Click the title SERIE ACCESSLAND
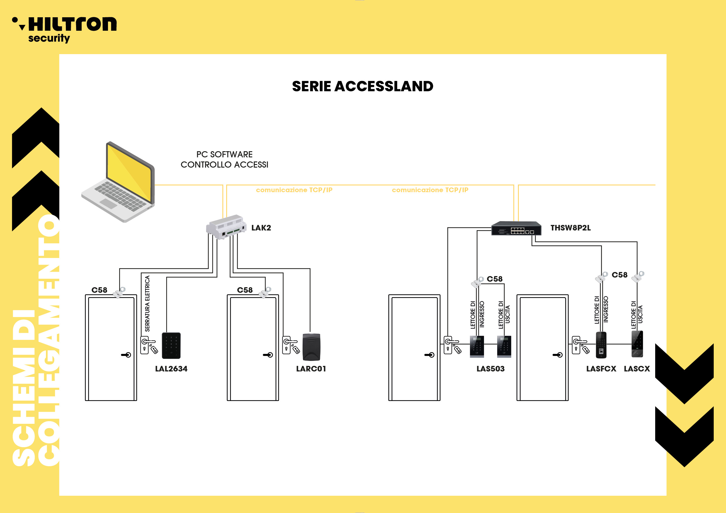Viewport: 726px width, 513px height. [x=362, y=86]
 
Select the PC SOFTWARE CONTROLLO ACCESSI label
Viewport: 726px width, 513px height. [x=224, y=159]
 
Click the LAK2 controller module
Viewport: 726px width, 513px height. [x=226, y=227]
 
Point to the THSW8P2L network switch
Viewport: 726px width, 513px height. [x=516, y=228]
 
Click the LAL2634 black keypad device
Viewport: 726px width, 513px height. [x=171, y=345]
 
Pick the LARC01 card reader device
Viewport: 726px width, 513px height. [x=311, y=347]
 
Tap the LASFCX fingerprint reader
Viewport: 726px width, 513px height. [x=601, y=345]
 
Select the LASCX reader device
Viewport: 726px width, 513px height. [x=637, y=344]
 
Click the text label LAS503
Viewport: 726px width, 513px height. [x=490, y=369]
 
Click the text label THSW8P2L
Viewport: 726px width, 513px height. [x=570, y=228]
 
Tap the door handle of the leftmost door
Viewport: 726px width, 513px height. [x=126, y=355]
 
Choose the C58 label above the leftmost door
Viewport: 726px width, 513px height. [x=99, y=290]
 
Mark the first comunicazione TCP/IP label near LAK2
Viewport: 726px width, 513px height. [x=294, y=190]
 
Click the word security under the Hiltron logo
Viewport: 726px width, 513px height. [x=49, y=39]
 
